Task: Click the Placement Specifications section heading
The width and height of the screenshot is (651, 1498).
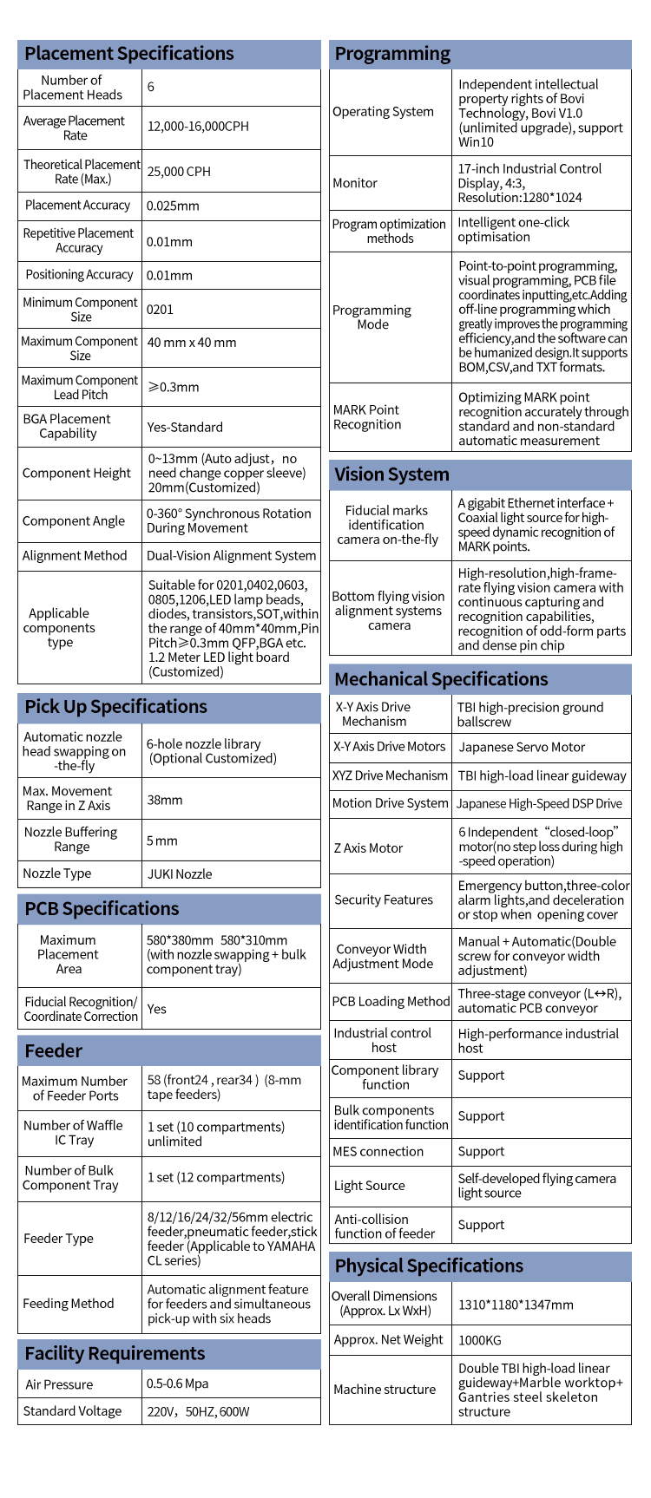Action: click(129, 54)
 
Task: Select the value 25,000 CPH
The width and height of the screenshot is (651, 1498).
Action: click(179, 172)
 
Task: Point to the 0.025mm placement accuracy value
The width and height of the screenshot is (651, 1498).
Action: click(173, 206)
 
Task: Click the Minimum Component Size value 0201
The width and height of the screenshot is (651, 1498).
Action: click(160, 310)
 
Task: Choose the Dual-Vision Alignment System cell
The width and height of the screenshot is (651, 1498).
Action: click(231, 556)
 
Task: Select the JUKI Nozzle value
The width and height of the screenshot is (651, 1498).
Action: click(179, 874)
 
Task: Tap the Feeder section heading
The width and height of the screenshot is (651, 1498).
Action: click(53, 1051)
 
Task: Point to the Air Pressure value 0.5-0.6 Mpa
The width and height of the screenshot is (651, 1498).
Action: click(177, 1384)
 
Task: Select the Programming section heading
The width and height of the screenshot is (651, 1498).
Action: click(392, 54)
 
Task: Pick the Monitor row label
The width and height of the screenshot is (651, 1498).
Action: click(355, 183)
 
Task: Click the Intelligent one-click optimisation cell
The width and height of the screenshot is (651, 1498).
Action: click(513, 230)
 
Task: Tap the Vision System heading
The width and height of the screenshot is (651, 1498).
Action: click(391, 474)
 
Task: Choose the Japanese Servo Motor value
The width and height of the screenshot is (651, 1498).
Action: click(522, 747)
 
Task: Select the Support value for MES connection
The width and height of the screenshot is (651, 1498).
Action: click(481, 1152)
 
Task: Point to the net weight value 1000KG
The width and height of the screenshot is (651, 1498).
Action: click(479, 1340)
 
